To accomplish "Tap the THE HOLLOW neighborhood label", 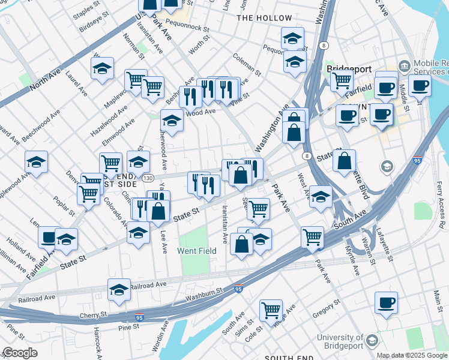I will pyautogui.click(x=264, y=18).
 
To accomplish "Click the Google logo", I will pyautogui.click(x=20, y=353).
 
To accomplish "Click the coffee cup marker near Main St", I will pyautogui.click(x=385, y=302).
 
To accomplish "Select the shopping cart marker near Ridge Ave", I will pyautogui.click(x=271, y=310).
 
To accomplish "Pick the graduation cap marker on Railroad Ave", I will pyautogui.click(x=119, y=289).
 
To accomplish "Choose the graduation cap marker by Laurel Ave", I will pyautogui.click(x=103, y=68).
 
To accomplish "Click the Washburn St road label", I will pyautogui.click(x=204, y=292).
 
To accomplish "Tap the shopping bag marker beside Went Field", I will pyautogui.click(x=241, y=244).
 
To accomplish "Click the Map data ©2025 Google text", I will pyautogui.click(x=412, y=355).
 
